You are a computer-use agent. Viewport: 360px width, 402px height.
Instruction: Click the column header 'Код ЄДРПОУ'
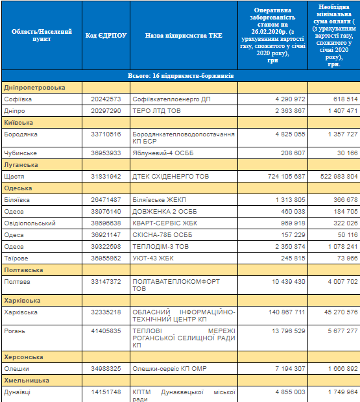[x=106, y=35]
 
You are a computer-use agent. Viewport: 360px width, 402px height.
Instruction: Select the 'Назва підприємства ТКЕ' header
[x=184, y=35]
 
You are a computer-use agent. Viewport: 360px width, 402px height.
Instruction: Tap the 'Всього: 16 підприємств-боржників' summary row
[x=181, y=76]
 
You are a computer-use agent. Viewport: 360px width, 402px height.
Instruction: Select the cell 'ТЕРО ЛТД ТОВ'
[x=158, y=111]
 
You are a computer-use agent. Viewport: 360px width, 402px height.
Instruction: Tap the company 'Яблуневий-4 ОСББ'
[x=160, y=154]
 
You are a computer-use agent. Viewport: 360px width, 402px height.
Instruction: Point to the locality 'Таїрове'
[x=18, y=258]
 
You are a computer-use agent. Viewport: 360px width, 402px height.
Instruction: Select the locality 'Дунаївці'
[x=19, y=392]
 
